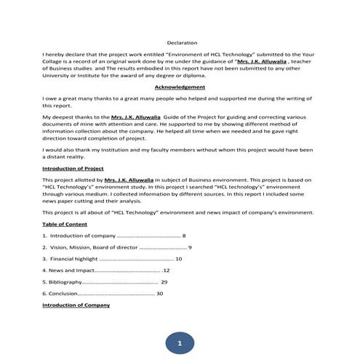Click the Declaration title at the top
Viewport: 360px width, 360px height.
182,43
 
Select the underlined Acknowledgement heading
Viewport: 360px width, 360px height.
180,87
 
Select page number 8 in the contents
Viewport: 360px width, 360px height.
185,236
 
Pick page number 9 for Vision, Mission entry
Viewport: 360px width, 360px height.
190,248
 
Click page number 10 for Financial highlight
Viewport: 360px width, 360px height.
179,259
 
